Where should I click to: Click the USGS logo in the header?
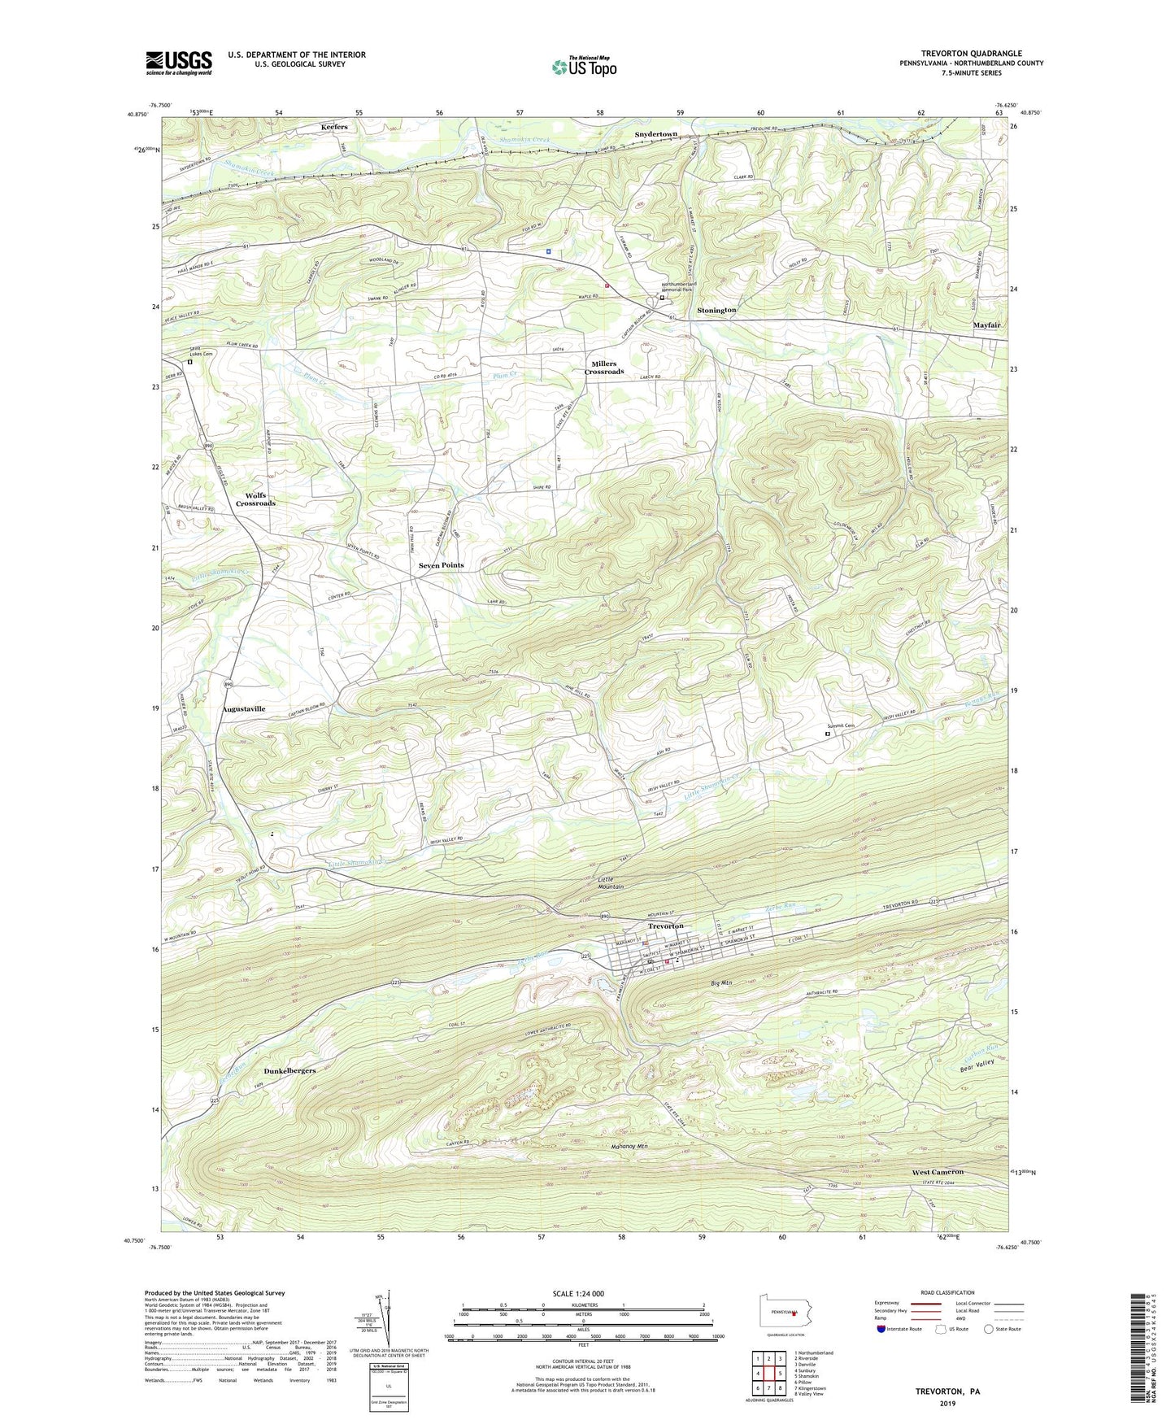[179, 63]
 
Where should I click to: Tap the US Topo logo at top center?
[584, 67]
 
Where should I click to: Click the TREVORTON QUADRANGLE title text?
[971, 53]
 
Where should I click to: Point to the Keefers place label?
[334, 128]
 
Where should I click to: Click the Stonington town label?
[716, 311]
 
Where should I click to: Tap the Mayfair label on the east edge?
[986, 325]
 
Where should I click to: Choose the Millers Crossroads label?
[604, 368]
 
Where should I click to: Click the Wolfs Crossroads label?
[255, 499]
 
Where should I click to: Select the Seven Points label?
[441, 565]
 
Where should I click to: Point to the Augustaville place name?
[244, 709]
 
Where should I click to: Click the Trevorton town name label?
[665, 926]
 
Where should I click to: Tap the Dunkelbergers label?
[277, 1071]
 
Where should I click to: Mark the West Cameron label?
[937, 1172]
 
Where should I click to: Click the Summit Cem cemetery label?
[842, 726]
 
